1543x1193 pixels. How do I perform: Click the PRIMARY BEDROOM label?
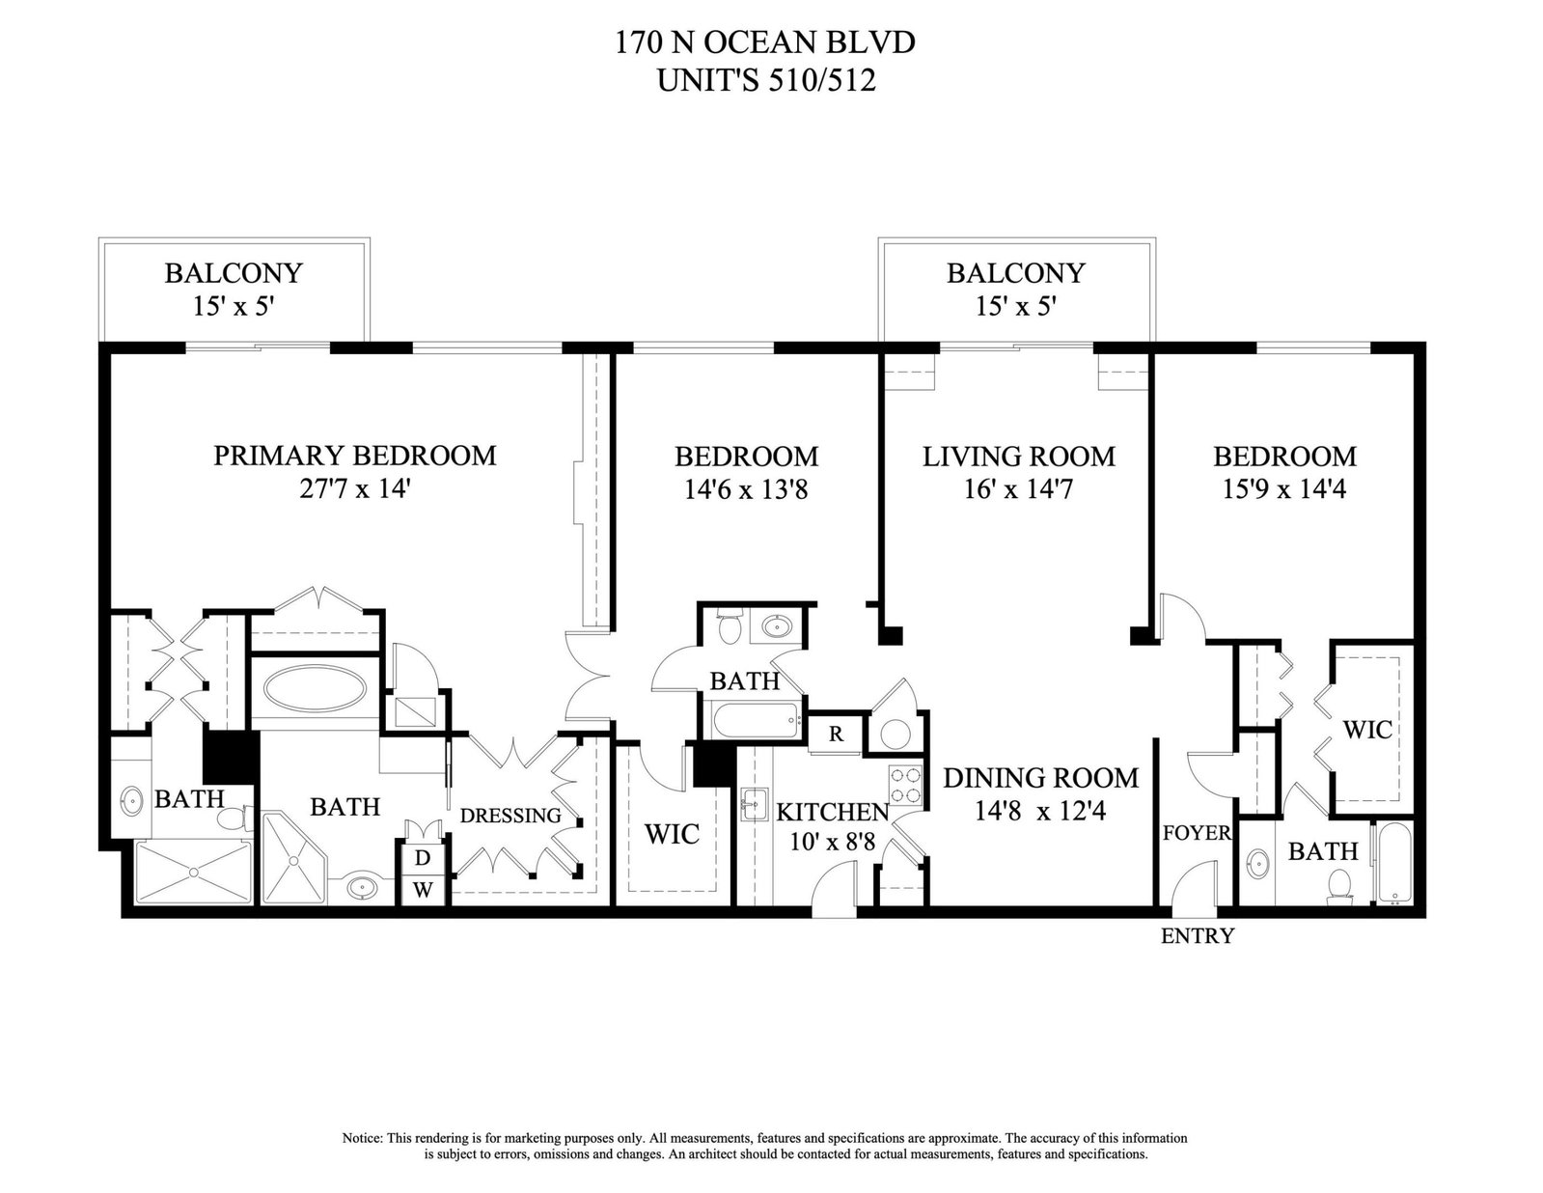[355, 456]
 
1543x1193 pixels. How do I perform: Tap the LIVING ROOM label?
[1019, 457]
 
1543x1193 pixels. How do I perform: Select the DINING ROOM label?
[1041, 778]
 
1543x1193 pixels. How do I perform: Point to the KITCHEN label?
[832, 812]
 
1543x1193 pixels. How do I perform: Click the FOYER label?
[1197, 832]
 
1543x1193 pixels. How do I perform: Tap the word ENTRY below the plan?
[1198, 936]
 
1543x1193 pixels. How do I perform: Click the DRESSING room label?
[510, 816]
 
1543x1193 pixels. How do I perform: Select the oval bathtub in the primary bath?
[316, 688]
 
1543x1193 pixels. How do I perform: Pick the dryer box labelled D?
[423, 858]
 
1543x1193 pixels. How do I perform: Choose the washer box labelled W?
[423, 890]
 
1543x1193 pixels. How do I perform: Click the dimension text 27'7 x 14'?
[355, 489]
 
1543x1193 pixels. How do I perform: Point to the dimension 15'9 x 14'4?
[1284, 489]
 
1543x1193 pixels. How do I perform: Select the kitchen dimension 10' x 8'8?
[832, 843]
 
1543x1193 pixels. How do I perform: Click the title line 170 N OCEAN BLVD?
[765, 43]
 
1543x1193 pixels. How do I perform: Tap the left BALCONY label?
[234, 273]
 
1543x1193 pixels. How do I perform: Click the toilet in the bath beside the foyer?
[1338, 887]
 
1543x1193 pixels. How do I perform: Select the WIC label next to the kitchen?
[672, 834]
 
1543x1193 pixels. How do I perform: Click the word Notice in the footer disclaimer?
[362, 1138]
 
